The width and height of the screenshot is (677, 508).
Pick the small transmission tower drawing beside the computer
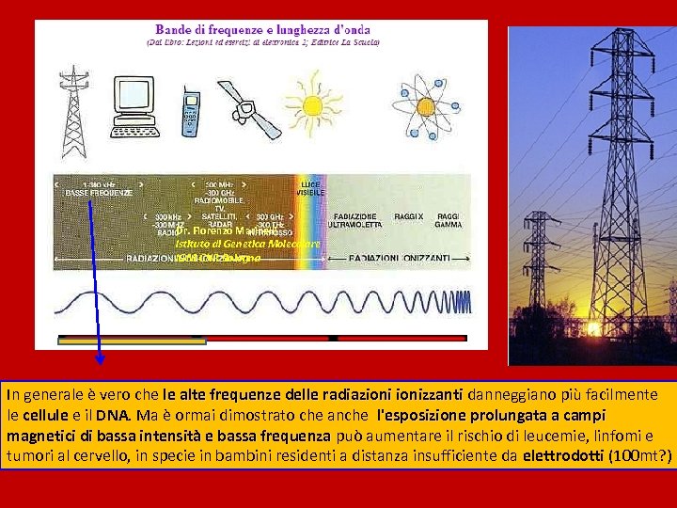[73, 111]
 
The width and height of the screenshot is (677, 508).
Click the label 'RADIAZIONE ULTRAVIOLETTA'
[355, 221]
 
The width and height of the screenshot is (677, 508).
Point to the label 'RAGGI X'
[409, 216]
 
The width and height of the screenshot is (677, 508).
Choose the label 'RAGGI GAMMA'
[449, 221]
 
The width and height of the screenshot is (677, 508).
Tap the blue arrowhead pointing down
[100, 357]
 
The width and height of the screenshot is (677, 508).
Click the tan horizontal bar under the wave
[132, 341]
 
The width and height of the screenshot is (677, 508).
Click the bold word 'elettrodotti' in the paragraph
[564, 456]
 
